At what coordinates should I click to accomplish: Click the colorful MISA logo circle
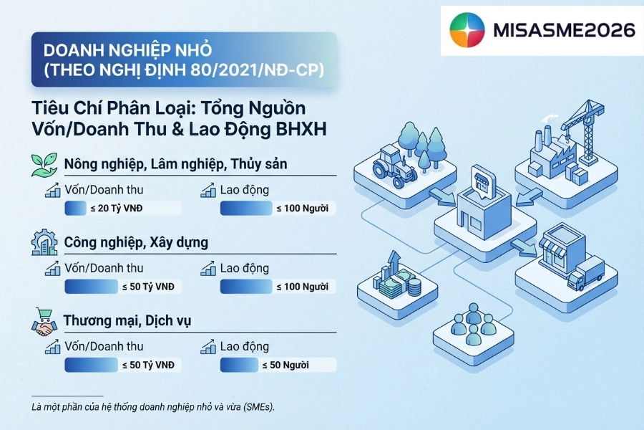(467, 30)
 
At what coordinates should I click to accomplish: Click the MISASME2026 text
(564, 30)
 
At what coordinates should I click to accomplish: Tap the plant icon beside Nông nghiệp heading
(44, 163)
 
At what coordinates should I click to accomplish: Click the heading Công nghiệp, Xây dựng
(136, 242)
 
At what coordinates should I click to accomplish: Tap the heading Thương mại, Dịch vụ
(127, 320)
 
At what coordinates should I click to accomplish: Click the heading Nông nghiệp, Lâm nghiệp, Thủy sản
(175, 164)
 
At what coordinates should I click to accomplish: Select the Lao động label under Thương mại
(244, 346)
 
